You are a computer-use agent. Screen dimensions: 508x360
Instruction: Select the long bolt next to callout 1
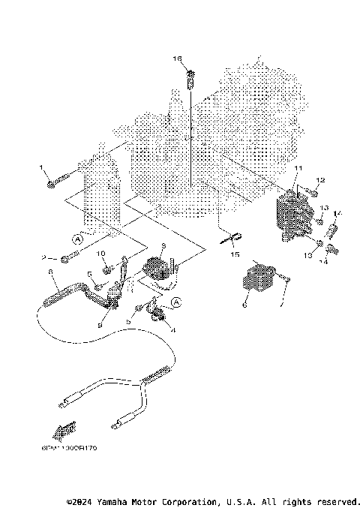[59, 181]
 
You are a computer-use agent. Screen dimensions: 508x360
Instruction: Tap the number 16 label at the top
[178, 58]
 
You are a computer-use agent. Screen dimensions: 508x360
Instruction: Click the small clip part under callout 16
[191, 75]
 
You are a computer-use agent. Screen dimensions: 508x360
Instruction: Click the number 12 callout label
[320, 180]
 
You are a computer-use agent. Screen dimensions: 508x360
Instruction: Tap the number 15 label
[235, 255]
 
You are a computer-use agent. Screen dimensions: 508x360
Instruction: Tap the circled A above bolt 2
[76, 238]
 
